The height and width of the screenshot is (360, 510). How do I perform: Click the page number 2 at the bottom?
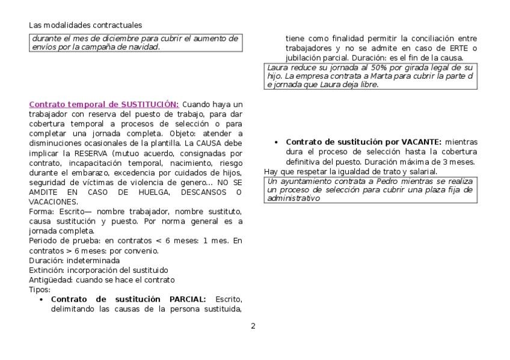pos(253,326)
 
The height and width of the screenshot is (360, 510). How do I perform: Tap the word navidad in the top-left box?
pos(145,47)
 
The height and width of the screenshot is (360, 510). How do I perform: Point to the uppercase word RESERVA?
pos(82,153)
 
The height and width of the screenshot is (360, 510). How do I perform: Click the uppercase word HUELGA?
pos(160,192)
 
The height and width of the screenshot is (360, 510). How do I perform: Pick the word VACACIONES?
pos(51,201)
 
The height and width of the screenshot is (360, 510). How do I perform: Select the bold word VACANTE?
pos(421,142)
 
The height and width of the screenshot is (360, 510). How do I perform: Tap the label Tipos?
pos(40,290)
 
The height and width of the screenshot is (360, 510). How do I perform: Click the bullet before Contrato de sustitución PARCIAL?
pos(41,299)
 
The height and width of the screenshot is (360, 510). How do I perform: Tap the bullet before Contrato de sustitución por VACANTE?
pos(275,142)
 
